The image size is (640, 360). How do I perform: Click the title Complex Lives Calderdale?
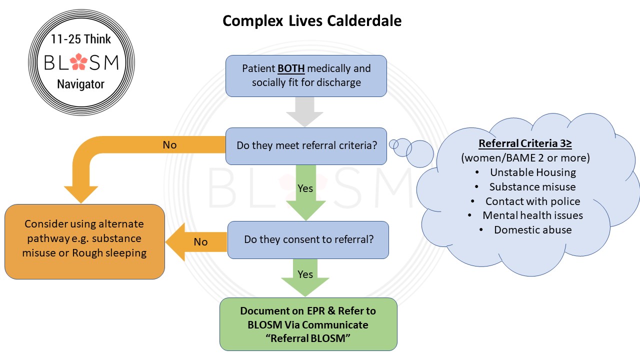pyautogui.click(x=312, y=21)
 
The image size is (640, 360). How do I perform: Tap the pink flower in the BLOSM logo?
pyautogui.click(x=78, y=61)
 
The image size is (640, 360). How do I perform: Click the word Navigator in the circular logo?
pyautogui.click(x=80, y=84)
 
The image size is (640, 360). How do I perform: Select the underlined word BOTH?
pyautogui.click(x=291, y=68)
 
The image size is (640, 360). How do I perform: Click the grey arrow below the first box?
pyautogui.click(x=304, y=112)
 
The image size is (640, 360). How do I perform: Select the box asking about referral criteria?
pyautogui.click(x=306, y=146)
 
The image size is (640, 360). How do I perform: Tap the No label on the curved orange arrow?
pyautogui.click(x=169, y=145)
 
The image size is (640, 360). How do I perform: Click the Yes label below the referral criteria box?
pyautogui.click(x=305, y=188)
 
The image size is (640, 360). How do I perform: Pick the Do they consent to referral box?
pyautogui.click(x=308, y=239)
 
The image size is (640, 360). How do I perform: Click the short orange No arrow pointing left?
pyautogui.click(x=196, y=242)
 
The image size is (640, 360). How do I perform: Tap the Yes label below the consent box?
pyautogui.click(x=305, y=274)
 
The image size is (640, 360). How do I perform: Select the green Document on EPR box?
pyautogui.click(x=308, y=324)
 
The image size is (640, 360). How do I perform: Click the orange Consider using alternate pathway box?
pyautogui.click(x=84, y=241)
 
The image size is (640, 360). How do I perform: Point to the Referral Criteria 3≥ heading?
pyautogui.click(x=525, y=143)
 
